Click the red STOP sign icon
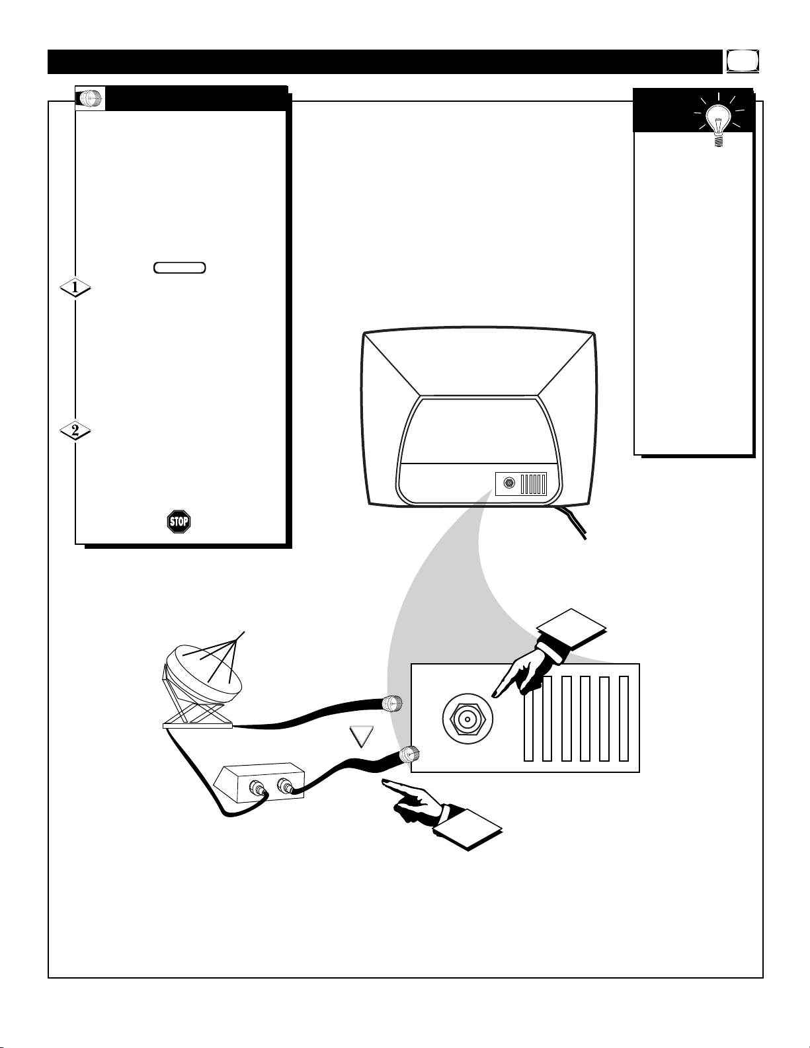(179, 521)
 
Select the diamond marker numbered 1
(75, 288)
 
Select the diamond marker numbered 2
(75, 430)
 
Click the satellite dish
(203, 680)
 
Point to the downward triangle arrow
(362, 737)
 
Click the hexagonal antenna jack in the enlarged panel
(467, 719)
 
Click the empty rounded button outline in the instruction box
(180, 268)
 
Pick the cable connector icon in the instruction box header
(90, 99)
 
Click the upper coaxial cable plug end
(392, 704)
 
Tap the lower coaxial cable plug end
(409, 753)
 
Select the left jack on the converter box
(255, 789)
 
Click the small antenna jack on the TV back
(508, 483)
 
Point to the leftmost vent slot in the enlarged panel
(528, 719)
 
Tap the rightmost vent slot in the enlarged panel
(624, 719)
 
